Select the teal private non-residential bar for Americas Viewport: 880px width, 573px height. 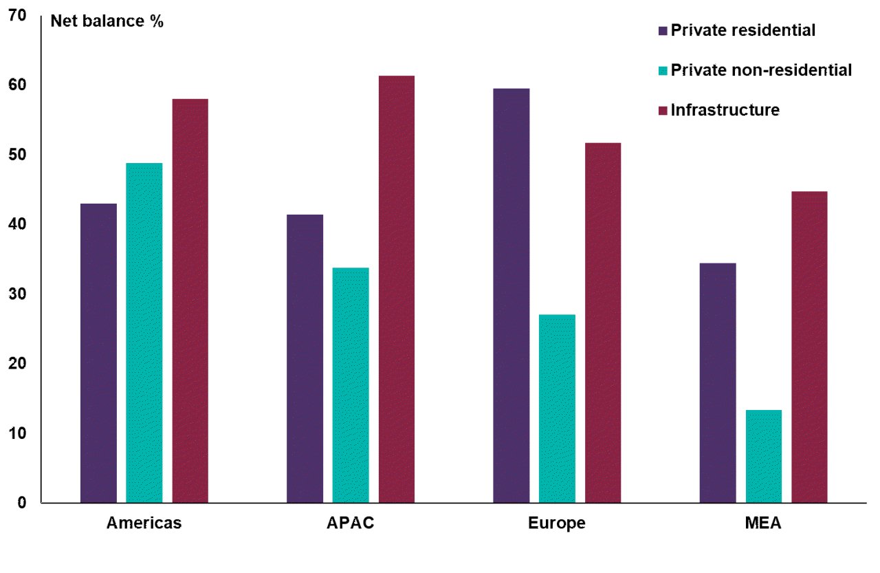pyautogui.click(x=144, y=333)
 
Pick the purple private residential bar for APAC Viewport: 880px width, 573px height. pyautogui.click(x=305, y=358)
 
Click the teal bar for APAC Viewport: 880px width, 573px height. pyautogui.click(x=351, y=385)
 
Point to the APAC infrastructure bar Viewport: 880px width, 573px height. pyautogui.click(x=397, y=289)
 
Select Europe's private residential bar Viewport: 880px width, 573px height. pyautogui.click(x=511, y=296)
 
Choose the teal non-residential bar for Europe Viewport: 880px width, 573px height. pyautogui.click(x=557, y=409)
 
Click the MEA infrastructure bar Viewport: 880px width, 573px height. pyautogui.click(x=809, y=347)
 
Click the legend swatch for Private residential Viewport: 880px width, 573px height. pyautogui.click(x=663, y=30)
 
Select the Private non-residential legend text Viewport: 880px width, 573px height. pyautogui.click(x=761, y=70)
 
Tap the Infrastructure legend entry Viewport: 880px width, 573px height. pyautogui.click(x=725, y=110)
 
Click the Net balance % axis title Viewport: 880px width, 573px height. pyautogui.click(x=107, y=21)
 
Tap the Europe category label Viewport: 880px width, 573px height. pyautogui.click(x=557, y=523)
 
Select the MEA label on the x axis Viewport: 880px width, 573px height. pyautogui.click(x=763, y=523)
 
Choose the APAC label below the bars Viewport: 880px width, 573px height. pyautogui.click(x=351, y=523)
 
